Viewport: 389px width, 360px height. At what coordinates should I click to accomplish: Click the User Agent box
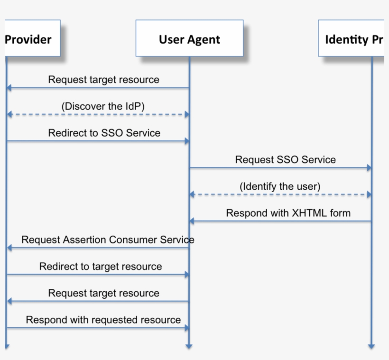tap(189, 38)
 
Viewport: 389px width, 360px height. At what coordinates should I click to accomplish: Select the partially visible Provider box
tap(30, 38)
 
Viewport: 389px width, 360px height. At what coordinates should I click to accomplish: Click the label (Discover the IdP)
tap(103, 106)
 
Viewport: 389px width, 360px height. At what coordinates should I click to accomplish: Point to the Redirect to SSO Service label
tap(104, 133)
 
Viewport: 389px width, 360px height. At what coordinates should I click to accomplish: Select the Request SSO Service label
tap(285, 160)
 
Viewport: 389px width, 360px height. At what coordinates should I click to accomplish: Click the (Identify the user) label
tap(280, 186)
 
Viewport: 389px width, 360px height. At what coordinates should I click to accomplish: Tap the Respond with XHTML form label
tap(288, 213)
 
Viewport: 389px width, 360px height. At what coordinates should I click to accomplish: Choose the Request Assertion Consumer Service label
tap(108, 240)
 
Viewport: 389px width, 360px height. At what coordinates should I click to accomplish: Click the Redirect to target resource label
tap(101, 267)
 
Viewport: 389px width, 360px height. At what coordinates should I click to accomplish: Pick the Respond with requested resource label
tap(103, 320)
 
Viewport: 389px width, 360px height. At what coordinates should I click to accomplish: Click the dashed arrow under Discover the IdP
tap(98, 115)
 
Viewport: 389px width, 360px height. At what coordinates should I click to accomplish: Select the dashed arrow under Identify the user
tap(280, 194)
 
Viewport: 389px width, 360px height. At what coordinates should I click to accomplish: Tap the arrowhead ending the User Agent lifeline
tap(189, 346)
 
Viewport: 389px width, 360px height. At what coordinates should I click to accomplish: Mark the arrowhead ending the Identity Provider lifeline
tap(371, 346)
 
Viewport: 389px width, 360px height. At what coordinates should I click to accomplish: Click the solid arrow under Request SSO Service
tap(280, 168)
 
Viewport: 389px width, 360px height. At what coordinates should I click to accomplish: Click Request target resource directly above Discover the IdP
tap(103, 80)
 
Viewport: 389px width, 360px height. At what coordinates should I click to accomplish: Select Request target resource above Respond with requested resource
tap(103, 293)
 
